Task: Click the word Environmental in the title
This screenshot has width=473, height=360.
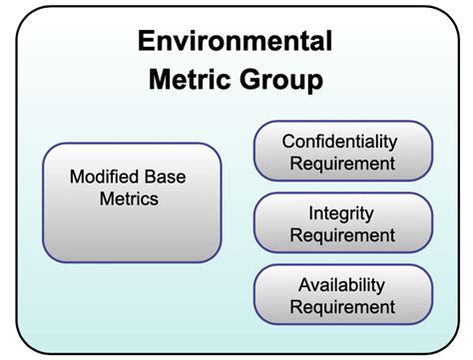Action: [x=235, y=42]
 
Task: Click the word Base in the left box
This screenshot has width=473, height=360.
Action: [x=164, y=177]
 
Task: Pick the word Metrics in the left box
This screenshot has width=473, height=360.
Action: [x=131, y=198]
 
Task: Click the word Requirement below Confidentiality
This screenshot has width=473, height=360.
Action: [x=342, y=163]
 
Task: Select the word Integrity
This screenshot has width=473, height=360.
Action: [x=342, y=213]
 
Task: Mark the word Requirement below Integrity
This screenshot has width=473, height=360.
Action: [x=342, y=235]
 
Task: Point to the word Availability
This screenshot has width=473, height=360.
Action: [x=342, y=285]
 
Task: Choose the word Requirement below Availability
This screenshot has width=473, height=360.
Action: [x=342, y=307]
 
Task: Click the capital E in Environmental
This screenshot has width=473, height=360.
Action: [x=146, y=42]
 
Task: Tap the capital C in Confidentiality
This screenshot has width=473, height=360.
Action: [x=289, y=141]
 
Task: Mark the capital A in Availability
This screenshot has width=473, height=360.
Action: [x=303, y=285]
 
